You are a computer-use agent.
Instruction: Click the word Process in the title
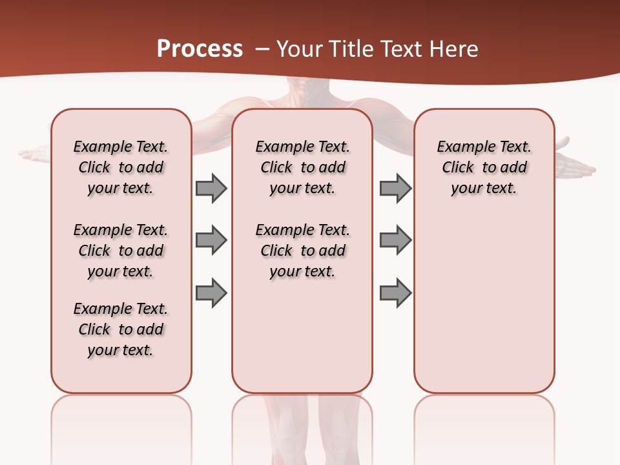(x=200, y=48)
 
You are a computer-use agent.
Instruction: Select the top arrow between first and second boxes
(x=211, y=188)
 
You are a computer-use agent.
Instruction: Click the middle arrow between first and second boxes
(x=211, y=240)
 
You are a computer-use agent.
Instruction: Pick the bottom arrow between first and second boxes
(x=211, y=293)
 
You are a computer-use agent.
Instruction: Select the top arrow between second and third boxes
(x=395, y=188)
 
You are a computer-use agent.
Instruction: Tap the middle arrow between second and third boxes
(x=395, y=240)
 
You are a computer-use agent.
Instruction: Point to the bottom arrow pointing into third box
(x=395, y=293)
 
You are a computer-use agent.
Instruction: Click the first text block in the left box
(x=121, y=167)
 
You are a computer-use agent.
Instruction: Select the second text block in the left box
(x=121, y=251)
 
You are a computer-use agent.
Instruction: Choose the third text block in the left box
(x=121, y=329)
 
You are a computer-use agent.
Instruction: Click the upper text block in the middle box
(x=302, y=167)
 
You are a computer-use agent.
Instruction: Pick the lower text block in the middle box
(x=302, y=251)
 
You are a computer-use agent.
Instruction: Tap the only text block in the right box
(x=484, y=167)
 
